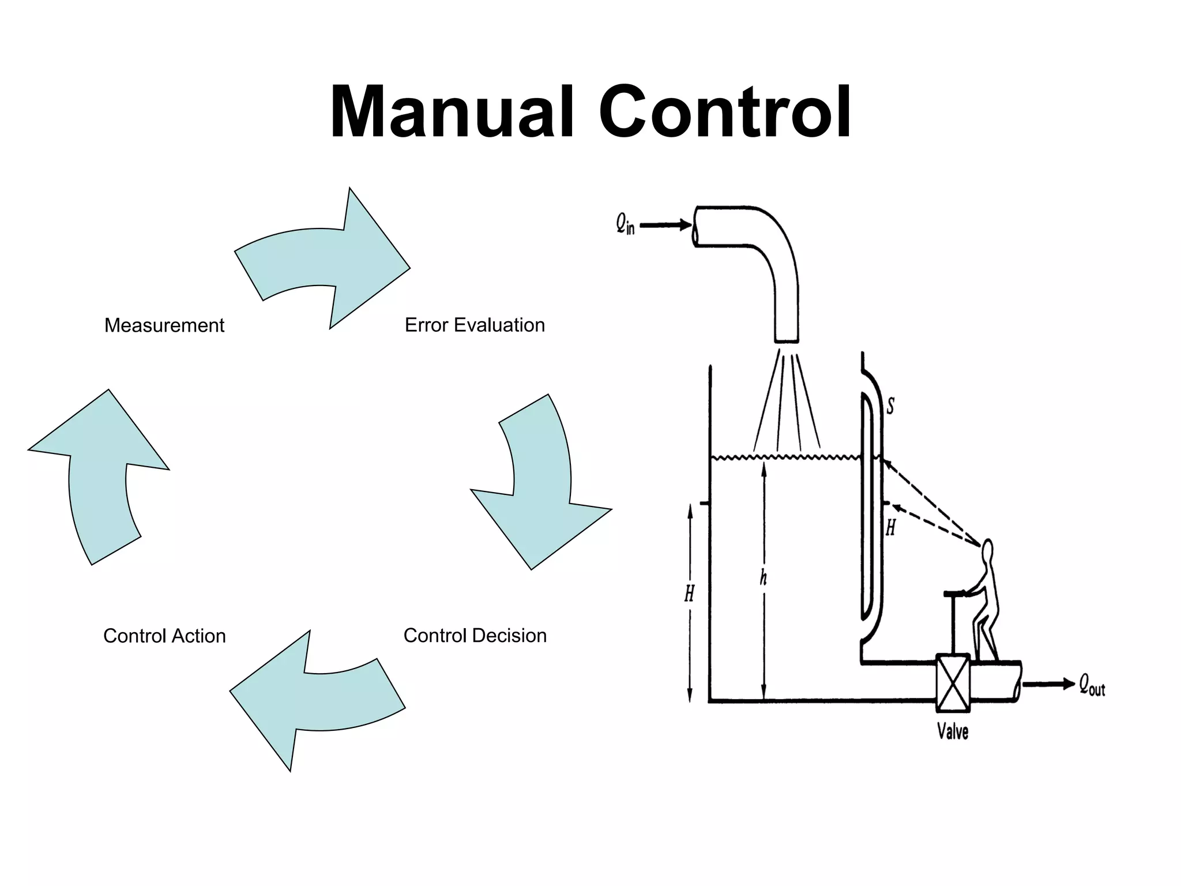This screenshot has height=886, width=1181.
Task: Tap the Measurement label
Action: point(164,325)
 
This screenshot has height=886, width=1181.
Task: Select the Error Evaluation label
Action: point(475,325)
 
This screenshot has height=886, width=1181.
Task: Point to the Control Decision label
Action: point(475,635)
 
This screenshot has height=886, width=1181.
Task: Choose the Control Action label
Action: point(164,636)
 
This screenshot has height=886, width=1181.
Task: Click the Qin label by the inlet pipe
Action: point(625,223)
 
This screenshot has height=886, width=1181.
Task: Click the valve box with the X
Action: point(953,683)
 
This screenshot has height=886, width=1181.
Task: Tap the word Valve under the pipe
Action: point(953,731)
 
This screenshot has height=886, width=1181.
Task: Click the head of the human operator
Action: point(987,550)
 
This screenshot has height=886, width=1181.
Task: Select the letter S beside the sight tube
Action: point(890,406)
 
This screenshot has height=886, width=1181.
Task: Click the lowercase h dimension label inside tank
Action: point(763,577)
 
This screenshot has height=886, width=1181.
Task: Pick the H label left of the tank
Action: point(690,593)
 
